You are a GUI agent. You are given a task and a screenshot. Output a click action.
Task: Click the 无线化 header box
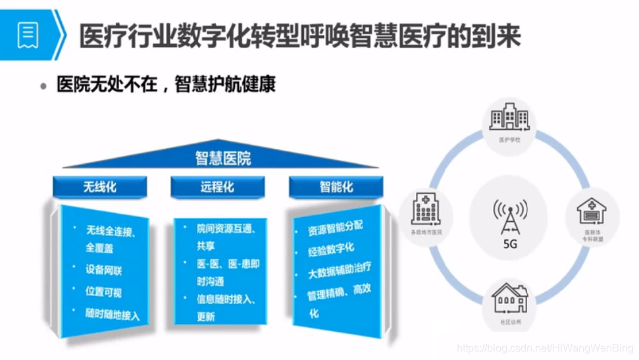[99, 187]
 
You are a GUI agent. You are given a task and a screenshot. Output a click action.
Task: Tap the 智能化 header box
[336, 187]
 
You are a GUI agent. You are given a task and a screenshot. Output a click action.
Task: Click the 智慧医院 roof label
[222, 159]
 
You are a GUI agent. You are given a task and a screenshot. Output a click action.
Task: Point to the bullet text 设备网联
[104, 270]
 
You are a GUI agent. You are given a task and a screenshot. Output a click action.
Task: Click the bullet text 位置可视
[104, 292]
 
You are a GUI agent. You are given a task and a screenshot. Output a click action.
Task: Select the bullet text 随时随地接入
[113, 314]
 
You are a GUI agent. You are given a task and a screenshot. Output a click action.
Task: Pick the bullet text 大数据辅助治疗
[340, 270]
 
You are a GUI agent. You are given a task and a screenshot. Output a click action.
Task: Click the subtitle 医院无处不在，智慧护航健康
[165, 86]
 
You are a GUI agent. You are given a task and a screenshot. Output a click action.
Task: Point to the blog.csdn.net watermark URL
[543, 347]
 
